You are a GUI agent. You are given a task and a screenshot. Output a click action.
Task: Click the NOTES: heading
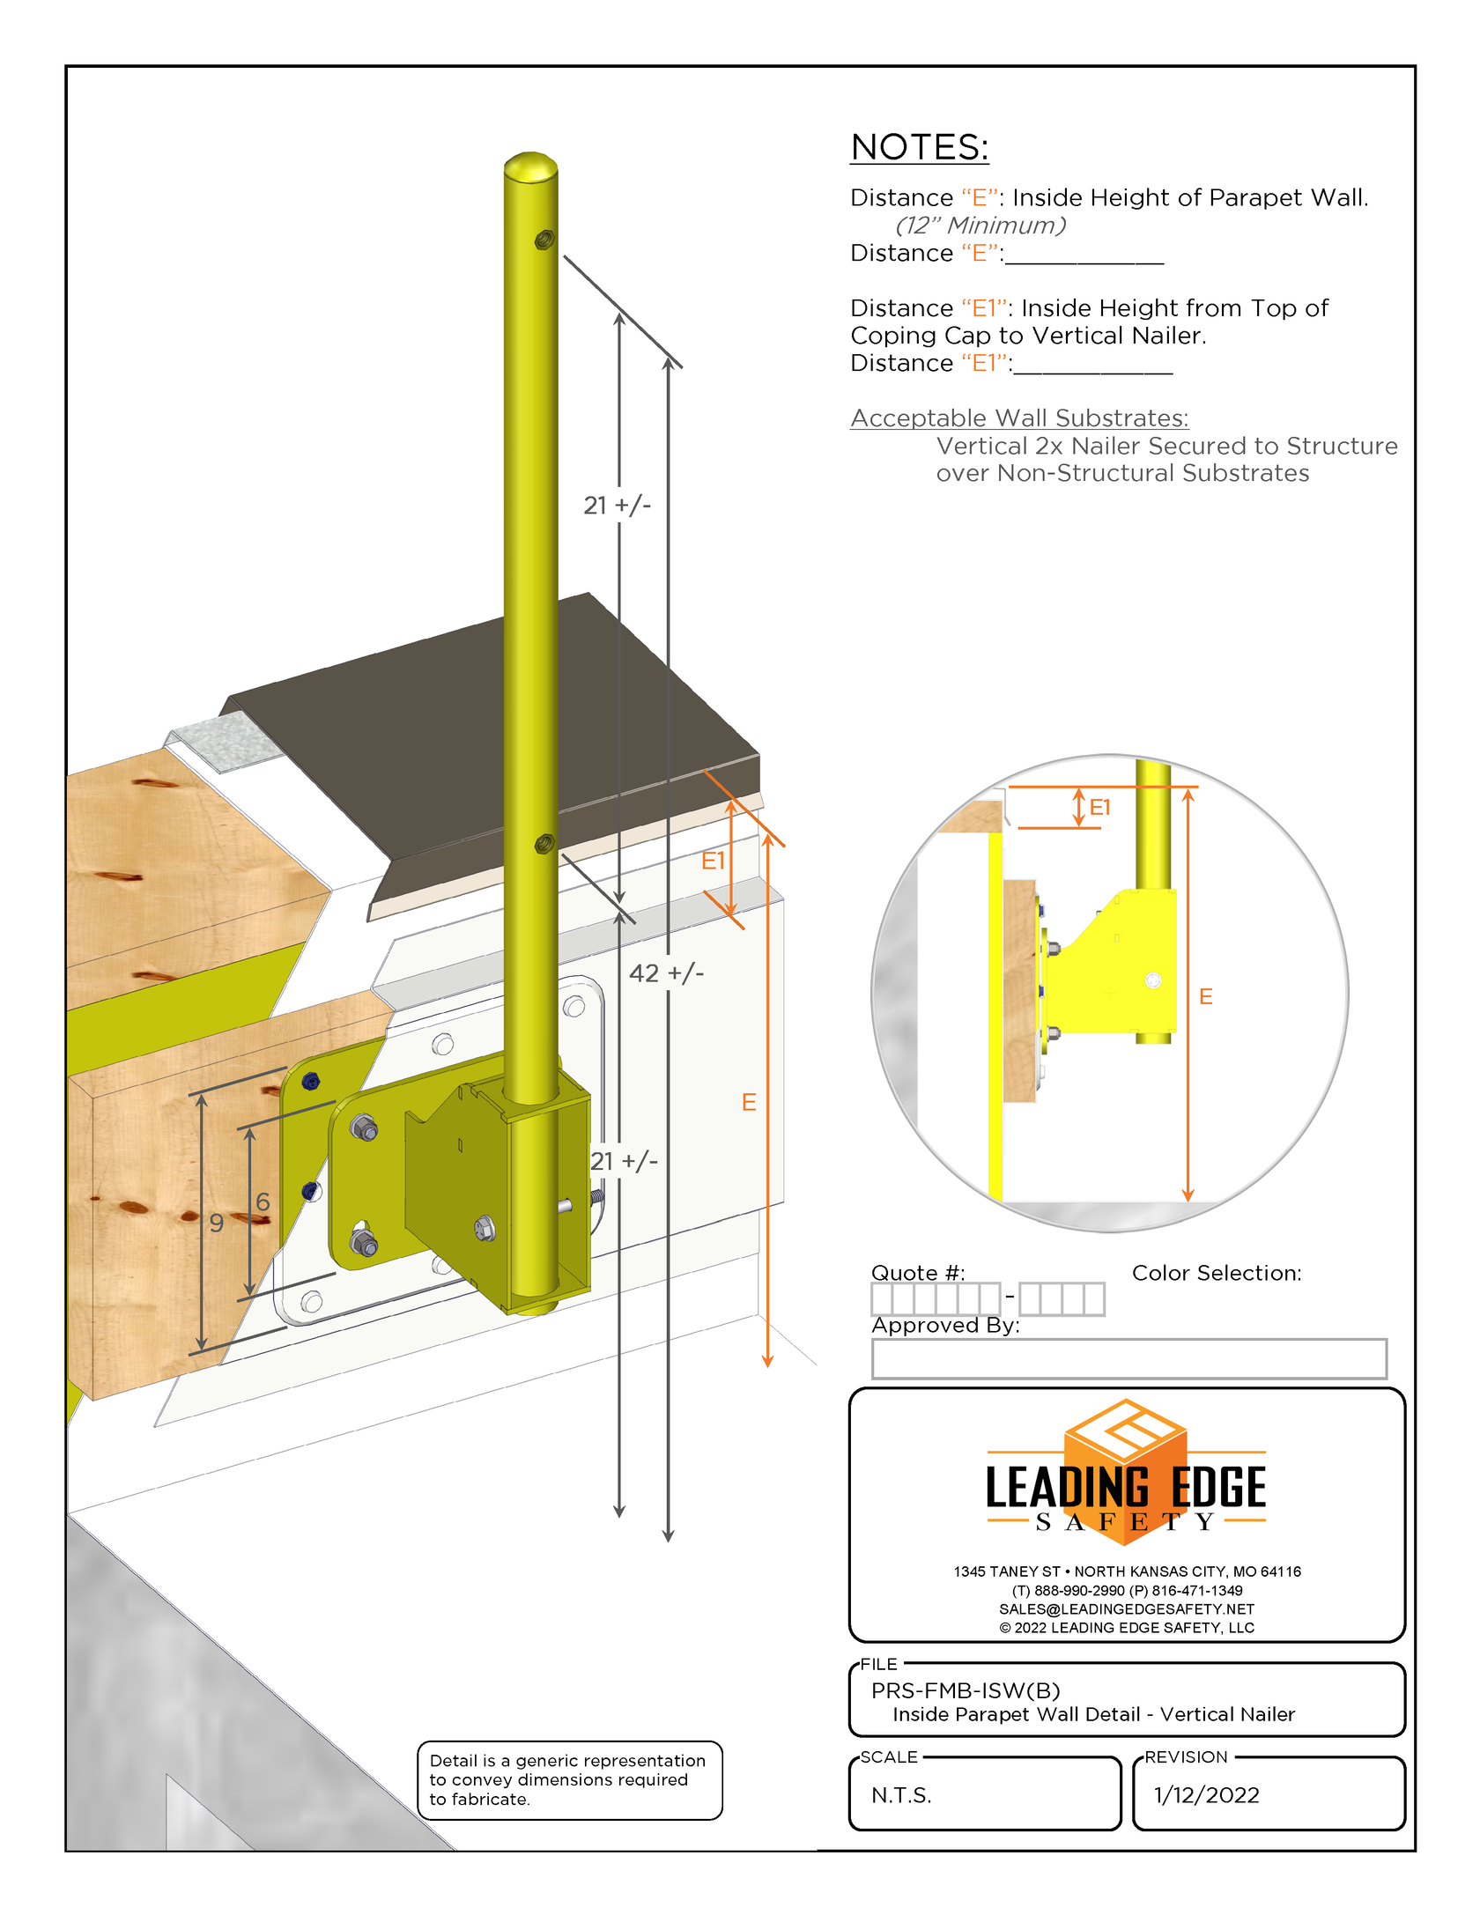tap(919, 147)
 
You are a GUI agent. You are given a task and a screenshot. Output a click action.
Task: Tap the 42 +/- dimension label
tap(666, 973)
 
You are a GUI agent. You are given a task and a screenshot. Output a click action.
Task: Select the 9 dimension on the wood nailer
tap(217, 1223)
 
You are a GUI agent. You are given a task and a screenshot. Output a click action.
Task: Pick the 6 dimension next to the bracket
tap(263, 1201)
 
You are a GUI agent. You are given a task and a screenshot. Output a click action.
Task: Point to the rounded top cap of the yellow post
tap(530, 165)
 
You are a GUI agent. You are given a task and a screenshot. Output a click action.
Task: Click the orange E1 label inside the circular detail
tap(1100, 807)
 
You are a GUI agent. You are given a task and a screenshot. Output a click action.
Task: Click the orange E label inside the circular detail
tap(1206, 996)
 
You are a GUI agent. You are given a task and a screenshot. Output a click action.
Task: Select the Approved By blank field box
tap(1128, 1358)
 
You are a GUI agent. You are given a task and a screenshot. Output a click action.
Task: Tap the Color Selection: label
tap(1216, 1273)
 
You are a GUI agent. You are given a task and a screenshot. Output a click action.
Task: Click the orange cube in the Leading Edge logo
tap(1125, 1471)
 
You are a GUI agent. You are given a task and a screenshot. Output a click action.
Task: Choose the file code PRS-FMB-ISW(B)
tap(966, 1690)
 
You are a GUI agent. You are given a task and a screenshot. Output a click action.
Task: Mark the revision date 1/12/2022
tap(1206, 1795)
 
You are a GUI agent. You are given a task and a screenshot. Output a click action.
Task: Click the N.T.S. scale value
tap(901, 1795)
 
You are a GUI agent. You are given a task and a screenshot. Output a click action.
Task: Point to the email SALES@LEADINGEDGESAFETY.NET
tap(1126, 1608)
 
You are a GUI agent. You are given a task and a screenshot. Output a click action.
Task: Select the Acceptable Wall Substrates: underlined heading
tap(1019, 418)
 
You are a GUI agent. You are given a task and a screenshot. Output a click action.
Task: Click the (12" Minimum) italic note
tap(980, 226)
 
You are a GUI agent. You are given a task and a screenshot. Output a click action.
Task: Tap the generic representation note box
tap(569, 1779)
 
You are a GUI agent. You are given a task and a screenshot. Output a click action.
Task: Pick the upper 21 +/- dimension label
tap(617, 506)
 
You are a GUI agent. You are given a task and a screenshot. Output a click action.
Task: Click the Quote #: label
tap(917, 1273)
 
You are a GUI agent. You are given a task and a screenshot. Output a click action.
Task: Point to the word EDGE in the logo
tap(1217, 1488)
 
